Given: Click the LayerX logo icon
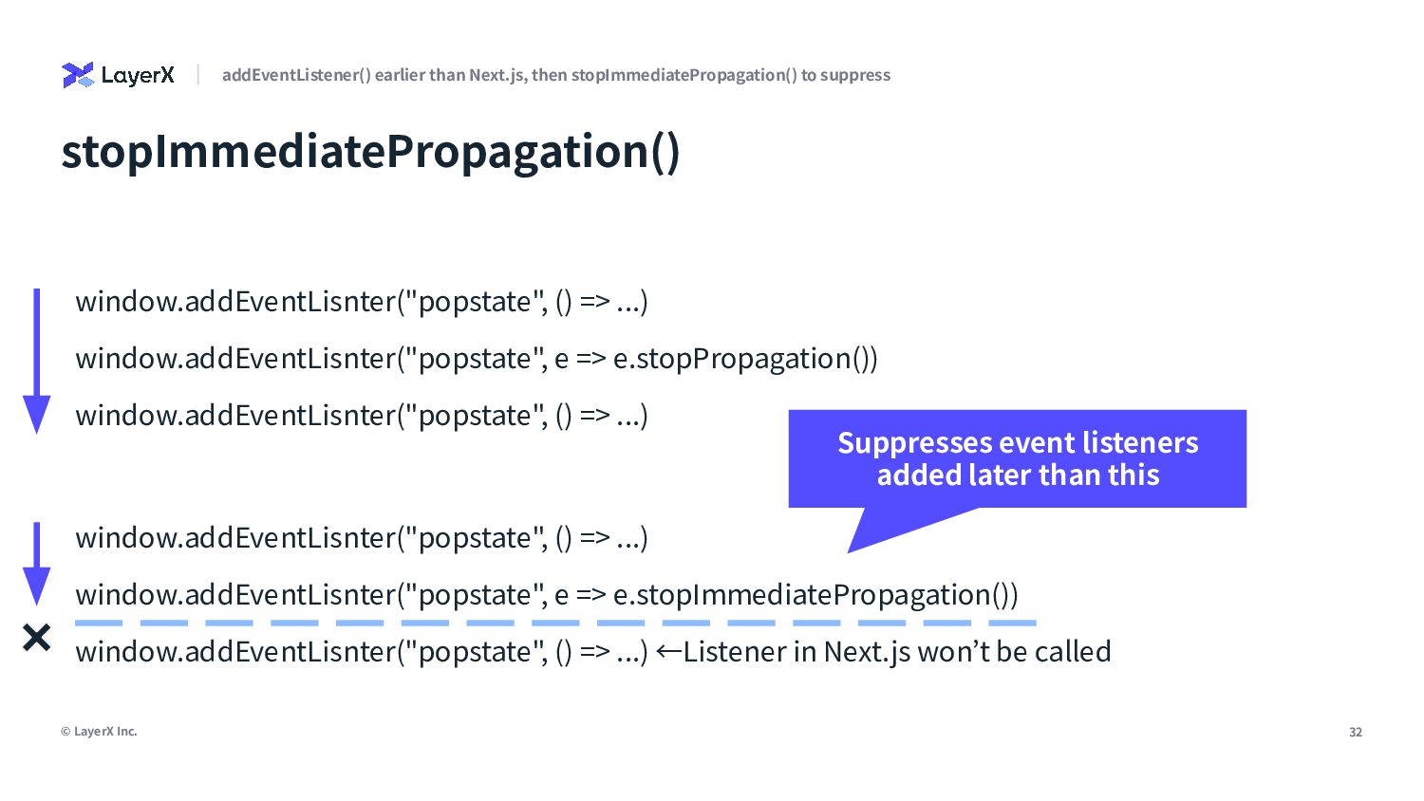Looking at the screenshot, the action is (x=78, y=75).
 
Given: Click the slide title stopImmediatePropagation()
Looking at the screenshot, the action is (x=370, y=153).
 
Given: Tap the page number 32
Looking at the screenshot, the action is (x=1356, y=732).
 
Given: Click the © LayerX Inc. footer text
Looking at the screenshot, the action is (x=99, y=731).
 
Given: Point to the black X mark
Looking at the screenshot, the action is (x=37, y=638).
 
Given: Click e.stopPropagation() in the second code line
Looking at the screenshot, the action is (x=745, y=359).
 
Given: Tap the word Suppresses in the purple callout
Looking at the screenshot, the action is (x=914, y=444).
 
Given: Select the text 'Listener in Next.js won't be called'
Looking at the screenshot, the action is (x=897, y=652).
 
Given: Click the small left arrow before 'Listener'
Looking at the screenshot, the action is (x=668, y=652).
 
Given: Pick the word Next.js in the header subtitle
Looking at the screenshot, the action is (x=497, y=75).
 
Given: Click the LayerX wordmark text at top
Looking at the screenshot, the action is (x=138, y=76).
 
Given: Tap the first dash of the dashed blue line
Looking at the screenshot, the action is (x=99, y=623).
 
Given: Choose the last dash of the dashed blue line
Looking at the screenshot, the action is (x=1013, y=623).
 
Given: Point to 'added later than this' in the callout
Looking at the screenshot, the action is (x=1019, y=475).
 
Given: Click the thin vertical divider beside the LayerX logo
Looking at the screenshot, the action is (x=198, y=74).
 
